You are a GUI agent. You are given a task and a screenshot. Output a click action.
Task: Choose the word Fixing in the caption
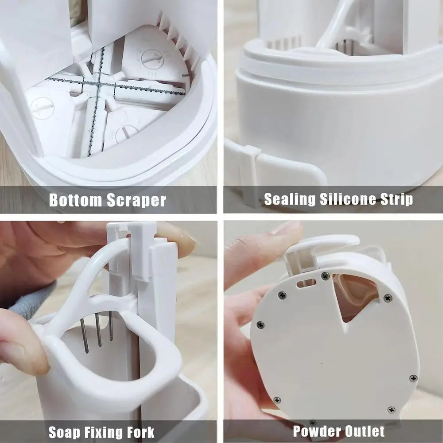pyautogui.click(x=100, y=432)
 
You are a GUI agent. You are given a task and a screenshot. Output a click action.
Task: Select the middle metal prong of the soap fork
pyautogui.click(x=98, y=330)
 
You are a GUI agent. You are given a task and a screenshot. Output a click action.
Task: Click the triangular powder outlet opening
pyautogui.click(x=354, y=295)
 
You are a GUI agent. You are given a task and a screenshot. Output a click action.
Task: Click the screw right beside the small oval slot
pyautogui.click(x=325, y=276)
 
